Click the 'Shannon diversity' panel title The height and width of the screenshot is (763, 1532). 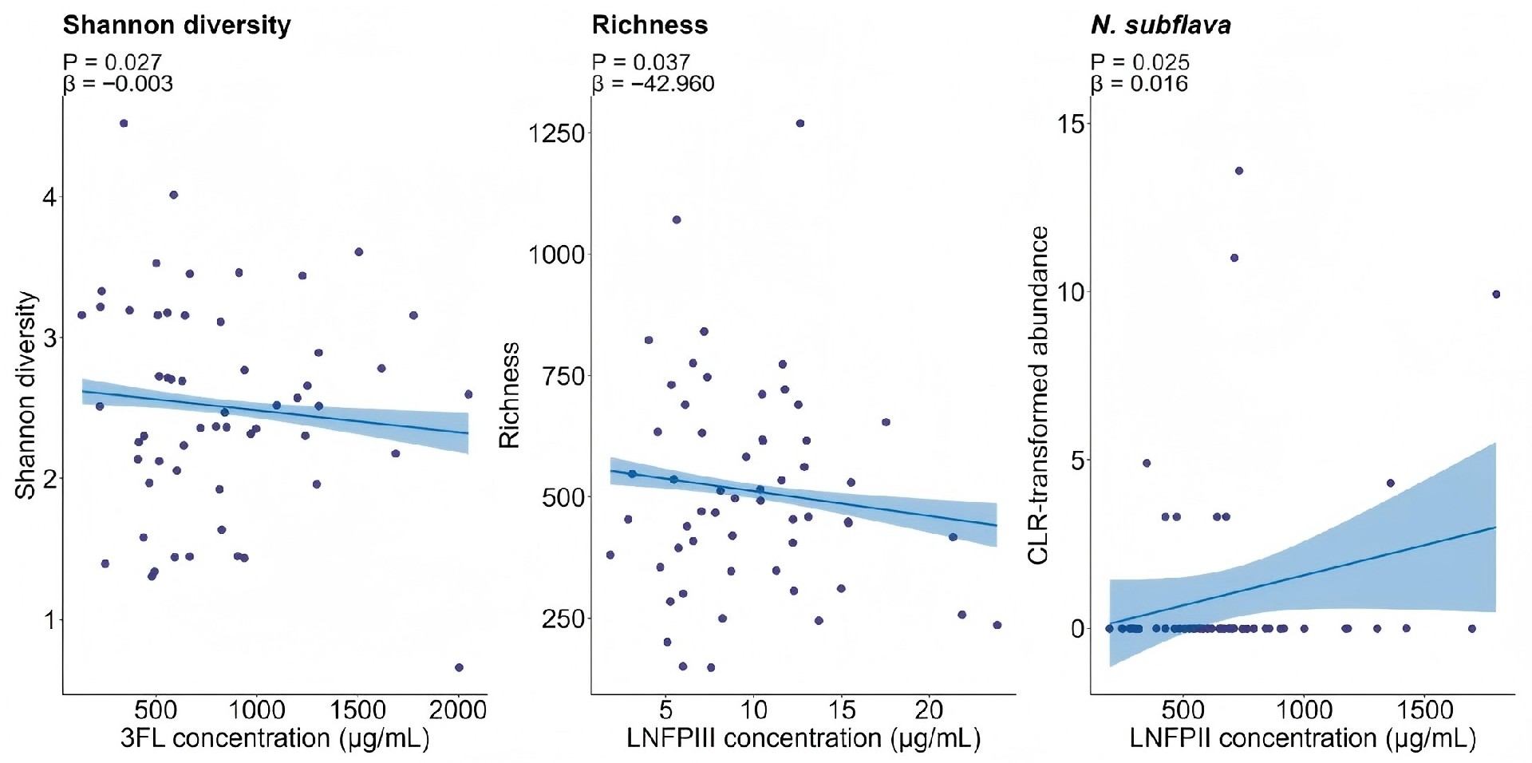point(177,26)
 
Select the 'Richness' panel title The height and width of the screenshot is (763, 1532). point(650,26)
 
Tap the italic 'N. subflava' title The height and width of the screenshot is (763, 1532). point(1160,26)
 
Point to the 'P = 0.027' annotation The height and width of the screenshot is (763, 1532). point(112,61)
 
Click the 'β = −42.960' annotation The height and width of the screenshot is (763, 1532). point(653,84)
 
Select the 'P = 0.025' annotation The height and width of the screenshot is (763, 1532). point(1139,61)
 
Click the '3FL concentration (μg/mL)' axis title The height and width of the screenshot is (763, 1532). point(275,738)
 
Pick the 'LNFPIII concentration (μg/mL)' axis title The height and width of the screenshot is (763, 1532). point(803,738)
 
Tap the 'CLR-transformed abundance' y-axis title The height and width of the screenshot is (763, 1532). point(1038,395)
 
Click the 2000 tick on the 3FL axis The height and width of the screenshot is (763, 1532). point(458,710)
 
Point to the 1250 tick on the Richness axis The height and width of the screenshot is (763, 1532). point(556,132)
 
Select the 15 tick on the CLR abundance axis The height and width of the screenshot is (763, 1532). point(1071,124)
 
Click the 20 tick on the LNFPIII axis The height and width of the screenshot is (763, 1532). point(929,710)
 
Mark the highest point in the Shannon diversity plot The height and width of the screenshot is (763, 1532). point(124,123)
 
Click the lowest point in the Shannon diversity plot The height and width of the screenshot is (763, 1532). point(459,667)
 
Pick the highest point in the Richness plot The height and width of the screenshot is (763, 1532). point(800,123)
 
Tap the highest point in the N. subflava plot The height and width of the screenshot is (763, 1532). point(1239,171)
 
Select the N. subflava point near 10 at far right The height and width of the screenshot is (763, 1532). point(1496,295)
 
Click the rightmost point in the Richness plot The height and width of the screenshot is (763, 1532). point(997,625)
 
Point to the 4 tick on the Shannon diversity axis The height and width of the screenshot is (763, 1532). point(50,197)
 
